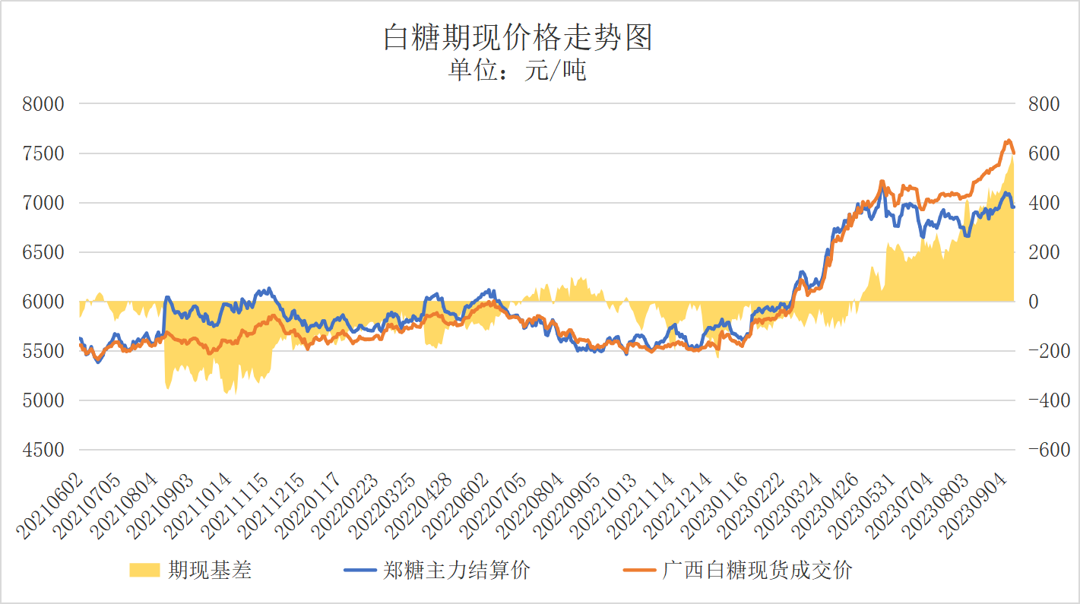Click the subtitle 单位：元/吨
tap(518, 71)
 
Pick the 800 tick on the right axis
tap(1044, 104)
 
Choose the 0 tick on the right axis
tap(1033, 302)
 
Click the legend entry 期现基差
tap(209, 570)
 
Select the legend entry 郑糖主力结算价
tap(456, 570)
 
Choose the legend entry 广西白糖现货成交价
tap(756, 570)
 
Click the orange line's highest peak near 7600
tap(1008, 140)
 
